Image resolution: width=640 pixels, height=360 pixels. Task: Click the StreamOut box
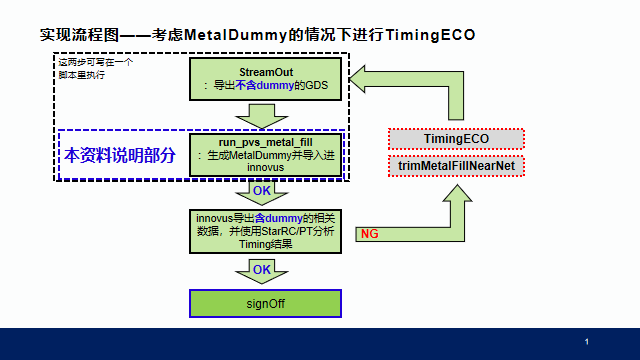tap(266, 79)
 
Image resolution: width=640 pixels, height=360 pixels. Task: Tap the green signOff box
tap(266, 303)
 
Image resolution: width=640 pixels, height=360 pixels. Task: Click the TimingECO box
tap(456, 139)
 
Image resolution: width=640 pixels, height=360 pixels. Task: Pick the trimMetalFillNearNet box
tap(456, 166)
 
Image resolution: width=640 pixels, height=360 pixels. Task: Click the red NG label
tap(369, 234)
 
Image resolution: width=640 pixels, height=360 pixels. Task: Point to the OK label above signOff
tap(261, 270)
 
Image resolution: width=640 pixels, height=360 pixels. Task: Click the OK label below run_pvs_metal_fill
tap(261, 191)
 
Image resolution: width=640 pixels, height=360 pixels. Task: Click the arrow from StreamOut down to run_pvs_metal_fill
tap(265, 116)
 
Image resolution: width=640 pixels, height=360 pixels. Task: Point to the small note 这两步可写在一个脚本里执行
tap(95, 68)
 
